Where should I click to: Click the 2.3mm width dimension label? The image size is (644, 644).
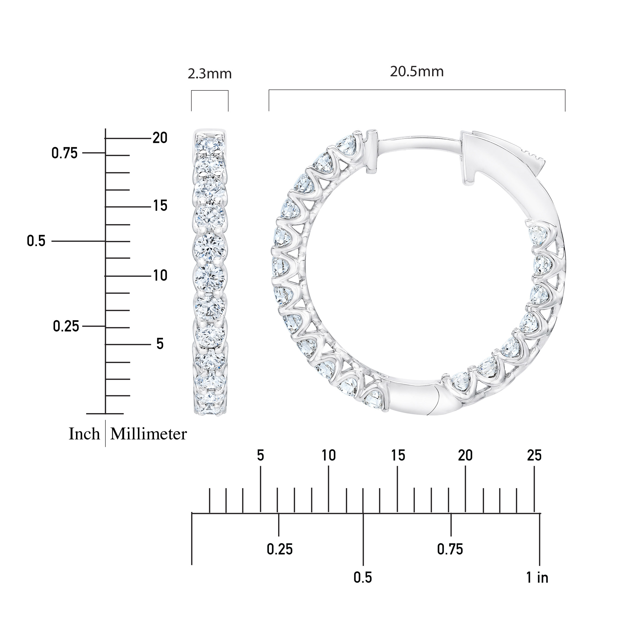[x=210, y=74]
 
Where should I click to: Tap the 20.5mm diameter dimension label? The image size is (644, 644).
[x=417, y=72]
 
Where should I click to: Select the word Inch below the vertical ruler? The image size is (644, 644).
[x=84, y=434]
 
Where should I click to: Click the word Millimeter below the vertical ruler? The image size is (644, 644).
[x=148, y=434]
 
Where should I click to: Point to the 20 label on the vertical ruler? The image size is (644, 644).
[x=160, y=138]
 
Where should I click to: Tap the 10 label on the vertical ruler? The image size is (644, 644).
[x=160, y=276]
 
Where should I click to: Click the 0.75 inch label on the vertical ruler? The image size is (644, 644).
[x=64, y=153]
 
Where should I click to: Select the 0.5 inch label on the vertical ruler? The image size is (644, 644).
[x=36, y=241]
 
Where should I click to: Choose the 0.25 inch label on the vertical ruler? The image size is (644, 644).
[x=66, y=326]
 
